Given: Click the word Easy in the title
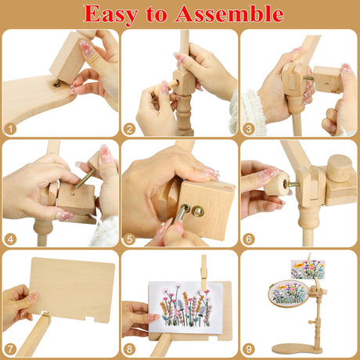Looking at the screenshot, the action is pyautogui.click(x=110, y=15).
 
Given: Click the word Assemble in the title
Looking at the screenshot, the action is pyautogui.click(x=229, y=13).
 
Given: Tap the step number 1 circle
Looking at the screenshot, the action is pyautogui.click(x=11, y=129).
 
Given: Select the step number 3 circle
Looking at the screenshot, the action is pyautogui.click(x=249, y=129).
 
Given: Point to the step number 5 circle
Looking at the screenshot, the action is pyautogui.click(x=130, y=239).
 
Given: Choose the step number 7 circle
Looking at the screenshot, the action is pyautogui.click(x=11, y=350).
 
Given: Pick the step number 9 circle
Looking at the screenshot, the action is pyautogui.click(x=249, y=350).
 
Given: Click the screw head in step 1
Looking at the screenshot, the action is pyautogui.click(x=57, y=84).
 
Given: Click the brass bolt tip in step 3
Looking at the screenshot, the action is pyautogui.click(x=308, y=77).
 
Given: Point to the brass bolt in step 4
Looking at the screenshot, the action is pyautogui.click(x=85, y=178).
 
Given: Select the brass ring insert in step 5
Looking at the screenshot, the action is pyautogui.click(x=197, y=211).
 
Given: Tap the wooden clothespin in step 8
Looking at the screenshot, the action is pyautogui.click(x=204, y=272).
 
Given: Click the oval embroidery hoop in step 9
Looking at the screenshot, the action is pyautogui.click(x=288, y=293).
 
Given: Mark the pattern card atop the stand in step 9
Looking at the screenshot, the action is pyautogui.click(x=308, y=269).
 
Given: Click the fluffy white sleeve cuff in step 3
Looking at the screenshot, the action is pyautogui.click(x=252, y=111).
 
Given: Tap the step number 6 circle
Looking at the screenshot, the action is pyautogui.click(x=249, y=239).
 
